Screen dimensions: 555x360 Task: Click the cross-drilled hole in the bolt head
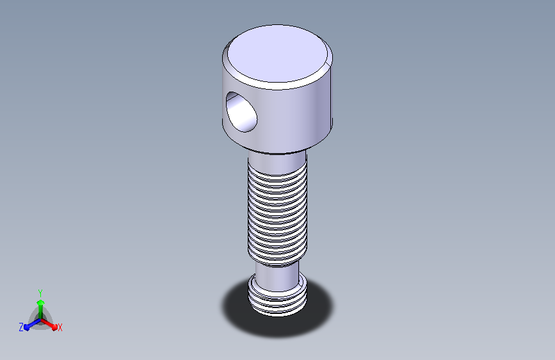[x=241, y=112]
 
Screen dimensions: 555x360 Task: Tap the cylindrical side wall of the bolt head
[x=290, y=117]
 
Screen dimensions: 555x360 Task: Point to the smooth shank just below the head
[x=277, y=160]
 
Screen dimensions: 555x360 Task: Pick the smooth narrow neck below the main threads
[x=277, y=277]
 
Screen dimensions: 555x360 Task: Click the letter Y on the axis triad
[x=40, y=293]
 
